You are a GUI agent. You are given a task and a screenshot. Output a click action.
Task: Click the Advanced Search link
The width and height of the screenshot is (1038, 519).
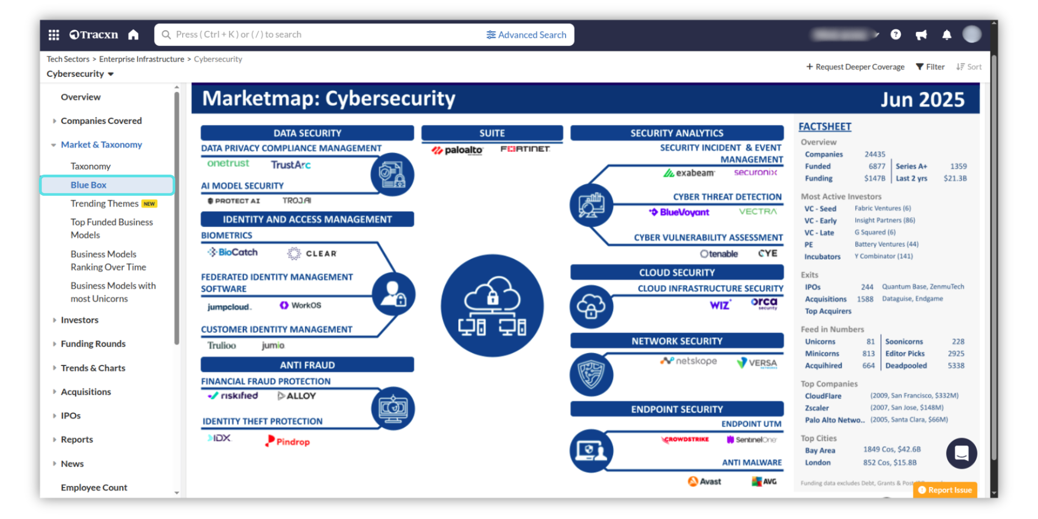tap(527, 35)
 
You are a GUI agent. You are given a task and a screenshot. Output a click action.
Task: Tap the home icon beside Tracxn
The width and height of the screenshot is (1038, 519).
tap(134, 35)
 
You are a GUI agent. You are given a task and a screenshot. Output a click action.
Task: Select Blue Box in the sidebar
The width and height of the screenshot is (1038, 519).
tap(89, 185)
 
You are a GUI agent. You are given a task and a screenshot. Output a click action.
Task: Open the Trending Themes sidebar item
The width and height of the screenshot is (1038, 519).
tap(104, 204)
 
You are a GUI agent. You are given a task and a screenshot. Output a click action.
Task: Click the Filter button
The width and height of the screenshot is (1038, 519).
tap(930, 67)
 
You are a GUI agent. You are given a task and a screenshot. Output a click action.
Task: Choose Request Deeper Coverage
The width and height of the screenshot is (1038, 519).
tap(855, 67)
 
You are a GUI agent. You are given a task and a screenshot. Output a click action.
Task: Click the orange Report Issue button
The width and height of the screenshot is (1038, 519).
tap(945, 490)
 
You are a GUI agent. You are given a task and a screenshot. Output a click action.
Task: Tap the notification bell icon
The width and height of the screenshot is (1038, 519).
tap(947, 35)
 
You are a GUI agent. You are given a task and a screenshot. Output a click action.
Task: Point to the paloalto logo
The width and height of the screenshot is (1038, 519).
tap(457, 150)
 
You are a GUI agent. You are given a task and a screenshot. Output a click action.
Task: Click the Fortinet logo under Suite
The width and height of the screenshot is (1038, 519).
tap(525, 149)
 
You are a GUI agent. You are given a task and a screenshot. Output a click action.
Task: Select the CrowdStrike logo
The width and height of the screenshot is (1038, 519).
tap(685, 440)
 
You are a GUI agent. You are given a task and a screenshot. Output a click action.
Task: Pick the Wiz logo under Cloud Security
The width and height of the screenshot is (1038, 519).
tap(720, 305)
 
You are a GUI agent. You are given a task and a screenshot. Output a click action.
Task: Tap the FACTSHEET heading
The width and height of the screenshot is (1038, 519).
tap(824, 127)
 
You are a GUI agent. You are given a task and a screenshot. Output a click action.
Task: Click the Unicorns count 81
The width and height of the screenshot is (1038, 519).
tap(870, 342)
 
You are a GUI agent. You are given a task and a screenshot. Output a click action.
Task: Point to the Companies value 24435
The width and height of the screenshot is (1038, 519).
tap(875, 155)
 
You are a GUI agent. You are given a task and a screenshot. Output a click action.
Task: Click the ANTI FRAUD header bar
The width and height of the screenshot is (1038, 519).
tap(307, 365)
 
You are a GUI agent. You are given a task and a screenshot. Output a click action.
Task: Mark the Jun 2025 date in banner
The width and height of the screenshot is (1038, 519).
tap(922, 99)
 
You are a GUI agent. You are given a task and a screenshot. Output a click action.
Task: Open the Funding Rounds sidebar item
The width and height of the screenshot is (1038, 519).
tap(93, 344)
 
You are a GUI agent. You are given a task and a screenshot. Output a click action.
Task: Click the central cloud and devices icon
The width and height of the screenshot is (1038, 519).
tap(492, 305)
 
